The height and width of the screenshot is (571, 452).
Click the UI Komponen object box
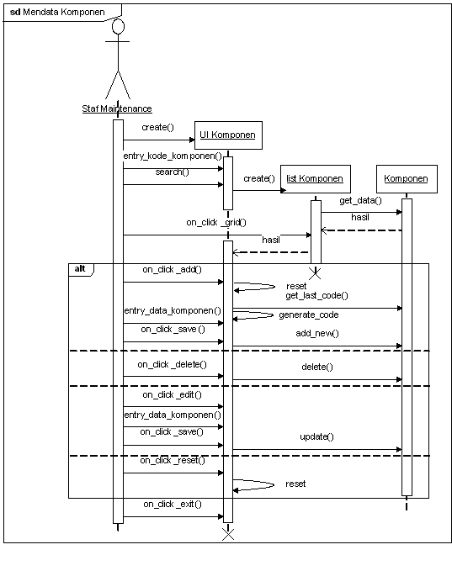click(x=228, y=135)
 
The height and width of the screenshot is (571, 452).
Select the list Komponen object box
click(x=316, y=179)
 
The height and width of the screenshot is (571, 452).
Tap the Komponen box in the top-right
click(x=407, y=179)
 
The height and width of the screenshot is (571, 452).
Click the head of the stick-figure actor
click(x=118, y=27)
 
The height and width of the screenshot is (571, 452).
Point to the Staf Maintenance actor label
click(x=117, y=108)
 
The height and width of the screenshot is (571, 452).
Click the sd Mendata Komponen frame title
click(x=57, y=12)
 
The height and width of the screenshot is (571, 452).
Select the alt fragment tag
click(x=80, y=269)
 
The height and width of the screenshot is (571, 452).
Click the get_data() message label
click(x=360, y=200)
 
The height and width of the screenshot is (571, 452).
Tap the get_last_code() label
click(x=316, y=295)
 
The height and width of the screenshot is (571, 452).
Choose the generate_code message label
click(x=309, y=315)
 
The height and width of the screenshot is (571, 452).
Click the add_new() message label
click(x=317, y=333)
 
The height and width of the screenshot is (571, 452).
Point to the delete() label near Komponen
click(x=317, y=367)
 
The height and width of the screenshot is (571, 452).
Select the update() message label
click(x=316, y=436)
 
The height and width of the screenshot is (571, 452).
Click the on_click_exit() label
click(x=173, y=504)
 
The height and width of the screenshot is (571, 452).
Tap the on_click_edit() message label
click(x=172, y=394)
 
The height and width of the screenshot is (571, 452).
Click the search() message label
click(x=172, y=172)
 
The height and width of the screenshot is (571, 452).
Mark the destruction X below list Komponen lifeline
click(x=315, y=273)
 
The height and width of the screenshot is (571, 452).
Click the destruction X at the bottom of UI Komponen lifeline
click(x=228, y=534)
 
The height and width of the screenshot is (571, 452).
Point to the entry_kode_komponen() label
click(x=173, y=156)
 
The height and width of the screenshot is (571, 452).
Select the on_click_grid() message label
click(x=216, y=222)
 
